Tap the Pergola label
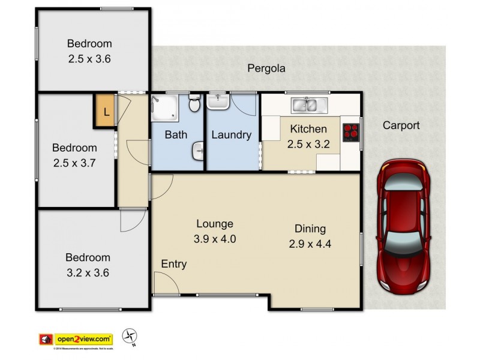[x=266, y=68]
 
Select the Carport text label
[x=401, y=125]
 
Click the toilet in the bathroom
[x=194, y=104]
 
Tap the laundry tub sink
[x=219, y=103]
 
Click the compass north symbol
[x=129, y=337]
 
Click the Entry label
[x=173, y=264]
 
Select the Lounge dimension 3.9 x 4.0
[x=215, y=238]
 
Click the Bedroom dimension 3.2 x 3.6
[x=88, y=272]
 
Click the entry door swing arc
[x=164, y=282]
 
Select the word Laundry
[x=231, y=135]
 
